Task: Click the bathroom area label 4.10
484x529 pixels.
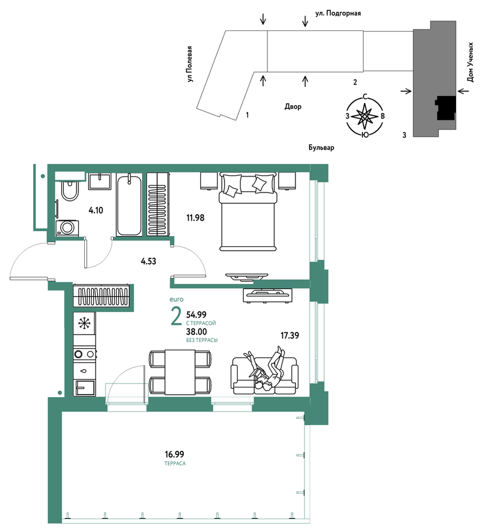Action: click(x=96, y=210)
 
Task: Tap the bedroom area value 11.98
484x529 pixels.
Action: click(x=196, y=218)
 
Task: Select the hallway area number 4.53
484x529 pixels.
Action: click(x=149, y=261)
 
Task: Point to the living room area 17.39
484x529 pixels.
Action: click(x=290, y=335)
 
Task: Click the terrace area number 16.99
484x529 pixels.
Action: click(x=175, y=454)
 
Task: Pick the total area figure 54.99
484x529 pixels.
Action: click(x=196, y=315)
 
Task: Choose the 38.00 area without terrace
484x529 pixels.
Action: click(x=197, y=332)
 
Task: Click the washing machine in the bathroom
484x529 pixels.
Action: click(x=68, y=228)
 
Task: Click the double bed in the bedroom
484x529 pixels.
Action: click(x=248, y=211)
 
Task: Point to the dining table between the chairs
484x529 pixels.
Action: click(x=180, y=372)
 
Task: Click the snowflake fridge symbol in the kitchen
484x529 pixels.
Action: click(x=84, y=323)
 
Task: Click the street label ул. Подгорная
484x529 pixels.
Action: click(x=338, y=14)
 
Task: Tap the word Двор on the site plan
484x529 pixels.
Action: click(x=293, y=106)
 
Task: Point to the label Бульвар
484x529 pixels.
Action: click(x=321, y=148)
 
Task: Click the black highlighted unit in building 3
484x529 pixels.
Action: click(x=446, y=108)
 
